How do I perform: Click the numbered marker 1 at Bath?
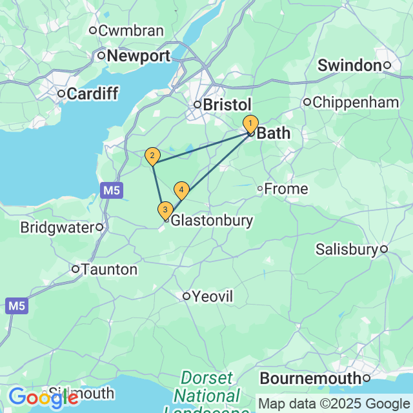pyautogui.click(x=250, y=123)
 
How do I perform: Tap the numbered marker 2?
pyautogui.click(x=152, y=156)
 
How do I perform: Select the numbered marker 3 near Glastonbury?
pyautogui.click(x=165, y=210)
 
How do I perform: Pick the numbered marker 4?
pyautogui.click(x=181, y=190)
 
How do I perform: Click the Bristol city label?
pyautogui.click(x=227, y=105)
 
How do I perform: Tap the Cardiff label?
pyautogui.click(x=92, y=94)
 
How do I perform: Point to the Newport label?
pyautogui.click(x=138, y=56)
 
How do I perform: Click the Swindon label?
pyautogui.click(x=350, y=65)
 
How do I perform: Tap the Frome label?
pyautogui.click(x=287, y=189)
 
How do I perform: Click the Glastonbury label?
pyautogui.click(x=211, y=220)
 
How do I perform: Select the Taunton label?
pyautogui.click(x=109, y=270)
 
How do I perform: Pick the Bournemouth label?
pyautogui.click(x=310, y=378)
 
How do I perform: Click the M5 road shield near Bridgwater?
pyautogui.click(x=110, y=190)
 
